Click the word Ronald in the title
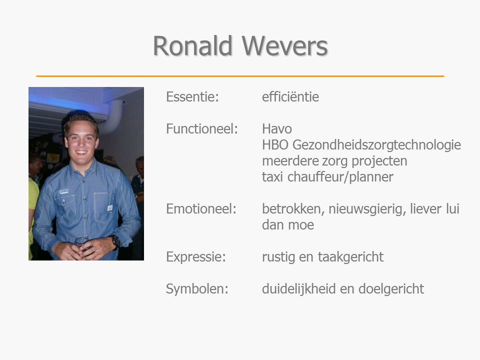[192, 45]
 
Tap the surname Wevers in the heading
[284, 45]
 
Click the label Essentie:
[192, 96]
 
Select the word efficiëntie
[290, 96]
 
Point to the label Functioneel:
[202, 128]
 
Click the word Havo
[277, 129]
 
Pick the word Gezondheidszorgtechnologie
[377, 145]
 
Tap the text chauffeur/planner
[340, 177]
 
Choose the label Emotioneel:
[201, 209]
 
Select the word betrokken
[293, 209]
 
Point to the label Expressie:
[196, 257]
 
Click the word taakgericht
[351, 257]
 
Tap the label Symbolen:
[197, 288]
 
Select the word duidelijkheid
[299, 288]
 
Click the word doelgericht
[391, 289]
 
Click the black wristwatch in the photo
[115, 241]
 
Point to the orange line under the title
[240, 76]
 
